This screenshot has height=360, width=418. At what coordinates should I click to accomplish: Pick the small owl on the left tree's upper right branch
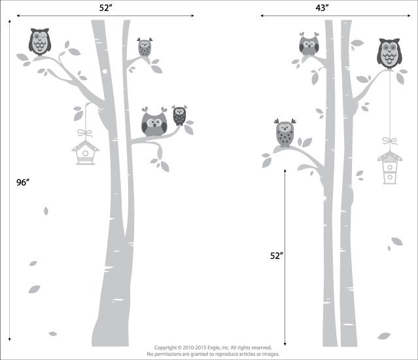(x=144, y=47)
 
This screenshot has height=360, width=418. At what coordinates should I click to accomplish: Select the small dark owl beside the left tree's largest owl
(x=179, y=116)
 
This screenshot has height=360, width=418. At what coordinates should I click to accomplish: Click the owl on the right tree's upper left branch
(x=308, y=45)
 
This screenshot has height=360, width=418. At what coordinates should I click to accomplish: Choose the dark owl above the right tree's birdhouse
(x=389, y=52)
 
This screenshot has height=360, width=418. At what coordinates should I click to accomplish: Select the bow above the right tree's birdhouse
(x=390, y=141)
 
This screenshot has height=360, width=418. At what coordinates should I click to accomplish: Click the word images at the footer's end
(x=270, y=354)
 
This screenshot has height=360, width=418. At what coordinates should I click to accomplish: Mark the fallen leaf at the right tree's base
(x=383, y=336)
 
